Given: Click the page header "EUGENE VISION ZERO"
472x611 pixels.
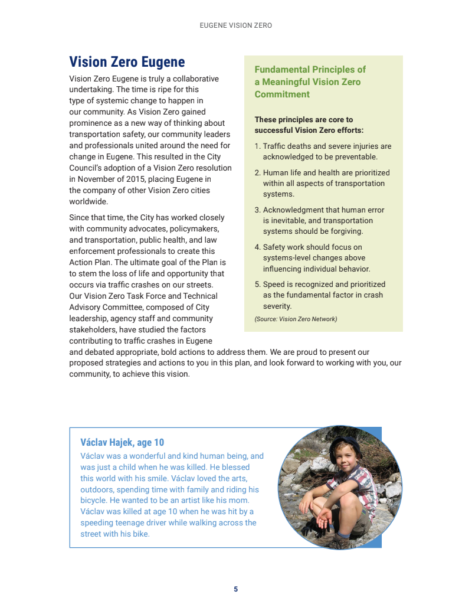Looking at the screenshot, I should (x=235, y=26).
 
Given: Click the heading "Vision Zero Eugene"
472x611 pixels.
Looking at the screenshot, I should (x=127, y=62).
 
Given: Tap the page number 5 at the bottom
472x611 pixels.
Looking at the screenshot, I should (x=235, y=589).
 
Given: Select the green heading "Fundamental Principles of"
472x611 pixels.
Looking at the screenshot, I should (x=310, y=70).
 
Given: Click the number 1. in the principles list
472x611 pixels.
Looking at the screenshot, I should (x=257, y=146).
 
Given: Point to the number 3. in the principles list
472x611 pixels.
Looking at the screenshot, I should (x=257, y=210).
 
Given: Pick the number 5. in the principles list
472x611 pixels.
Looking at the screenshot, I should (x=257, y=285).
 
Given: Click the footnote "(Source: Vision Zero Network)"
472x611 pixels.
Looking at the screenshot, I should (x=296, y=319).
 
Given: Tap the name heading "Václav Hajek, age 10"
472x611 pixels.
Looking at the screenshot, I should (x=122, y=442).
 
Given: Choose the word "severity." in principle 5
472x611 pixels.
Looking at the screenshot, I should (x=277, y=306).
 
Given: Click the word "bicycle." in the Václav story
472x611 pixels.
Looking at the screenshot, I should (x=94, y=501).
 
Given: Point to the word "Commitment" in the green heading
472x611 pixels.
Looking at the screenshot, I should (x=282, y=94).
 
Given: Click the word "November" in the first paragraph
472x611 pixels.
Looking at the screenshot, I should (x=97, y=179).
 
